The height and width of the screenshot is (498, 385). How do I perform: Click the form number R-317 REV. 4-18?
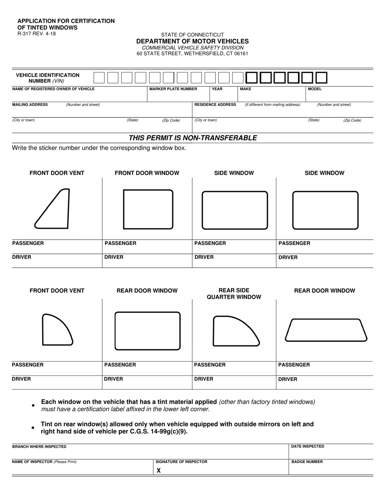(36, 34)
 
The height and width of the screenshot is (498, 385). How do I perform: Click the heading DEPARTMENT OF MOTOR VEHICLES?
(192, 41)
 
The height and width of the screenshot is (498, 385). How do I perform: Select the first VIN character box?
(99, 77)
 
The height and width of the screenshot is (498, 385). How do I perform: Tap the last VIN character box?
(321, 77)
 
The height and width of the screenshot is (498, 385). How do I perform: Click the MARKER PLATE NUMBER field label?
(173, 89)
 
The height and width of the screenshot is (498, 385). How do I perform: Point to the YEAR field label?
(217, 89)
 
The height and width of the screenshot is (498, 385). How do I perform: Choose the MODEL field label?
(314, 89)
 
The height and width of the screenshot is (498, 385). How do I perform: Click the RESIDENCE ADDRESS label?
(215, 104)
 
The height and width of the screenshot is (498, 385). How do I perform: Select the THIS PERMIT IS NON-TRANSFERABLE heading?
(192, 138)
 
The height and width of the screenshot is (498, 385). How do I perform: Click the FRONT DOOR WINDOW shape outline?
(148, 209)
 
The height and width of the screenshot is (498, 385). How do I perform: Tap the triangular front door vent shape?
(53, 209)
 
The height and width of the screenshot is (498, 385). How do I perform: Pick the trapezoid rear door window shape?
(326, 330)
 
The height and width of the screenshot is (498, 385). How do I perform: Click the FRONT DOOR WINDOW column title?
(147, 173)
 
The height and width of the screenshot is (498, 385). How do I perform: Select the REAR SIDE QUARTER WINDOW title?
(234, 294)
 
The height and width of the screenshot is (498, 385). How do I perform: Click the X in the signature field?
(159, 470)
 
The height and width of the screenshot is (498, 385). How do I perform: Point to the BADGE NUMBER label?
(307, 462)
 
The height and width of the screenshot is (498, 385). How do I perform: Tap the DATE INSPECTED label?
(308, 446)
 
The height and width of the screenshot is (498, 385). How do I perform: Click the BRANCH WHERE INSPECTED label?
(39, 447)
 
